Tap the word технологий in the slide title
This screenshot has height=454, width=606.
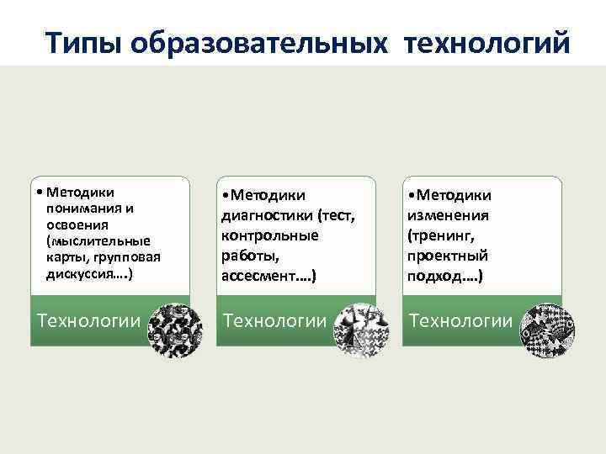click(x=487, y=41)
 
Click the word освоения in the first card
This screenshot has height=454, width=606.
click(x=76, y=224)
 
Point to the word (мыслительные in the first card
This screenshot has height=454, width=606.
click(x=98, y=241)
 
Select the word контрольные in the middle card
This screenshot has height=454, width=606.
click(x=269, y=235)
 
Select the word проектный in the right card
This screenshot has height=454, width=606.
click(x=447, y=256)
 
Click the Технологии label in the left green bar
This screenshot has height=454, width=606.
click(x=88, y=320)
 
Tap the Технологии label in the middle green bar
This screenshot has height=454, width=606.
click(x=274, y=320)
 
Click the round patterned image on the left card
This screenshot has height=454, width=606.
click(x=174, y=330)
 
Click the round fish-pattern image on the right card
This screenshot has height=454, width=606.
click(x=547, y=331)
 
